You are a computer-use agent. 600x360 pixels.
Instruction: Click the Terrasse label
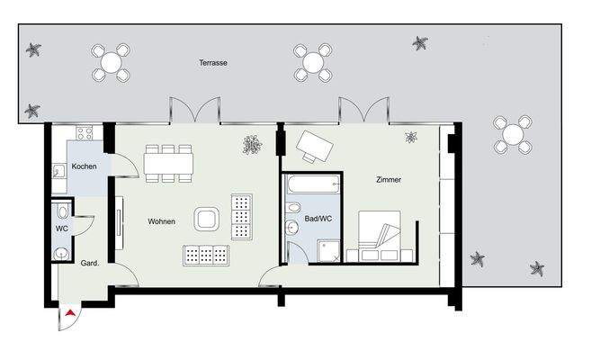(x=213, y=64)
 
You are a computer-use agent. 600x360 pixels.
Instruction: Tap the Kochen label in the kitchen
(x=85, y=167)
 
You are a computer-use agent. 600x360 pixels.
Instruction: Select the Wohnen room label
(x=162, y=220)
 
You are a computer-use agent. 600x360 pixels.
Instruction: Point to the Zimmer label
(x=389, y=180)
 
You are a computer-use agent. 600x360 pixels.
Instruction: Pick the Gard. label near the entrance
(x=89, y=265)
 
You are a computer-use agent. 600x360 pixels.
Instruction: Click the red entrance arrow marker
(x=70, y=313)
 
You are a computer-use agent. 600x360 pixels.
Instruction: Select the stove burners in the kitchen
(x=85, y=133)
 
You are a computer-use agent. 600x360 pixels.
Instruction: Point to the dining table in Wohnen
(x=169, y=163)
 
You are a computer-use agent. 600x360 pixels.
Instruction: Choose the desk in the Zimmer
(x=317, y=144)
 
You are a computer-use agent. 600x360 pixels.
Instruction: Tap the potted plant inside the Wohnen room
(x=253, y=143)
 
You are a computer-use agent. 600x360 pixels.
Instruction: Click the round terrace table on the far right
(x=513, y=135)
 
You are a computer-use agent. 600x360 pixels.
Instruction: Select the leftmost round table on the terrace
(x=111, y=63)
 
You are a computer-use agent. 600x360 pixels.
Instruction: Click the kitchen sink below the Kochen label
(x=58, y=174)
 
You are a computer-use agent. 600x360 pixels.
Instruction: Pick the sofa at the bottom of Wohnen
(x=206, y=256)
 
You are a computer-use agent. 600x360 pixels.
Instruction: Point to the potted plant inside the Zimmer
(x=411, y=137)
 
